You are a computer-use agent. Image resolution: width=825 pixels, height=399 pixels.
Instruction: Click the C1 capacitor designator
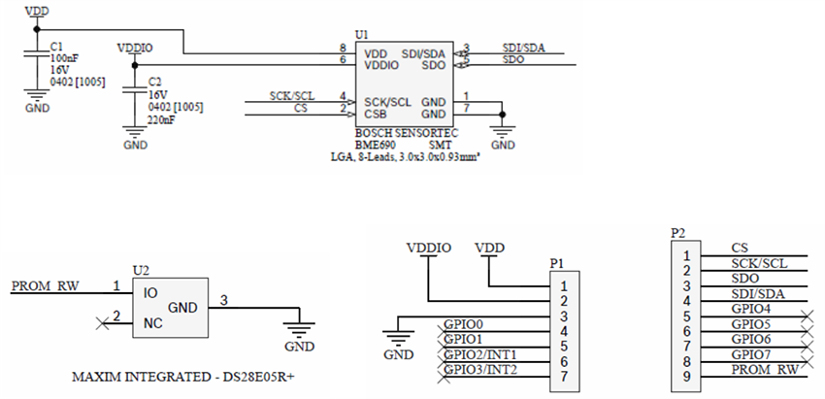56,46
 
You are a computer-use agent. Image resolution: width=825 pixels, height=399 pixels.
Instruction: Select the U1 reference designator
362,34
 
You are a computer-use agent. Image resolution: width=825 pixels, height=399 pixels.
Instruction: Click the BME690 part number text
376,144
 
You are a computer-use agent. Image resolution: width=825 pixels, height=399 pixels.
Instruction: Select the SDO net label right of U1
513,60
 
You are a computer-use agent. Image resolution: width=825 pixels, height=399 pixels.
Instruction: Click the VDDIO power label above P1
428,248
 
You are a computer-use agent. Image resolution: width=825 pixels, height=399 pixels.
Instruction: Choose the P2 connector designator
678,234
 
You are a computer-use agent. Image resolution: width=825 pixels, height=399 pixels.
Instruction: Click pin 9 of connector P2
686,377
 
